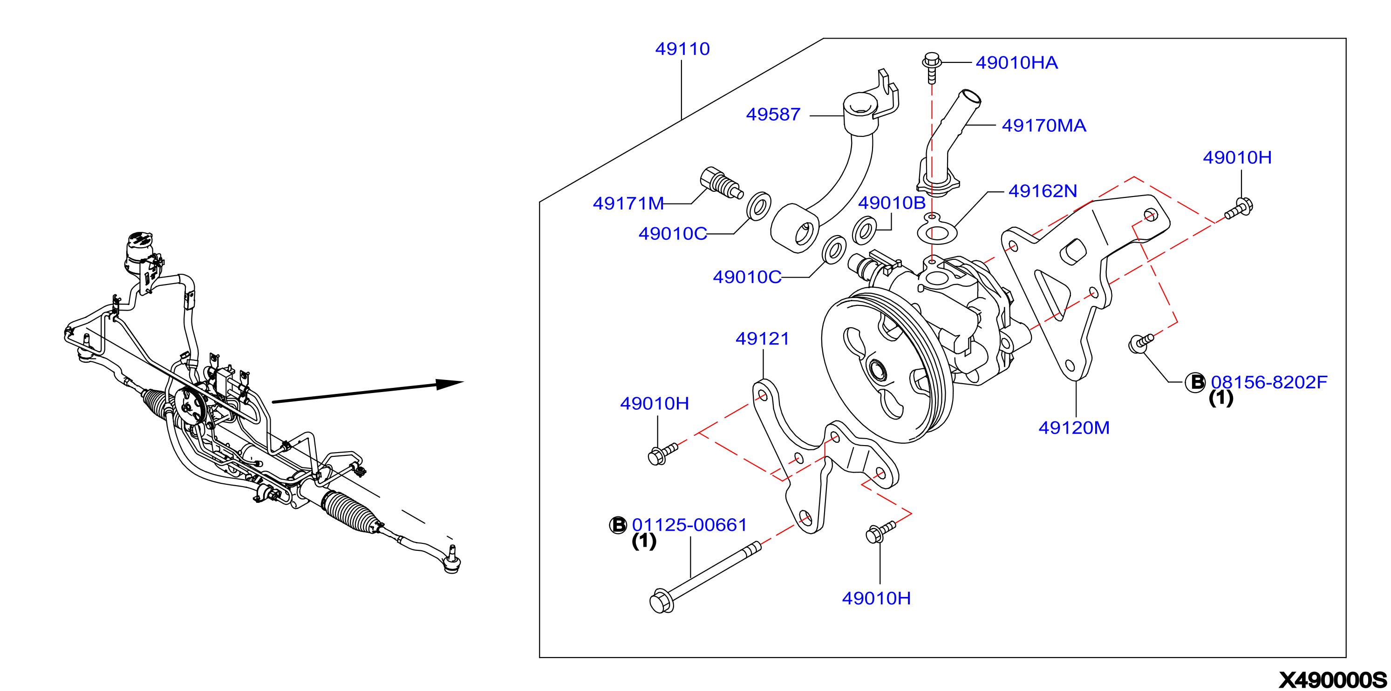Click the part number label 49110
[682, 49]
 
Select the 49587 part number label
[773, 115]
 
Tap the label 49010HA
[1016, 62]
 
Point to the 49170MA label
[1044, 125]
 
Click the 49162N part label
[1043, 190]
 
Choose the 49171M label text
[628, 203]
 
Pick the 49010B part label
[892, 203]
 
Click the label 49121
[763, 339]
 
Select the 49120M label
[1074, 427]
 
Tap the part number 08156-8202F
[1269, 382]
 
